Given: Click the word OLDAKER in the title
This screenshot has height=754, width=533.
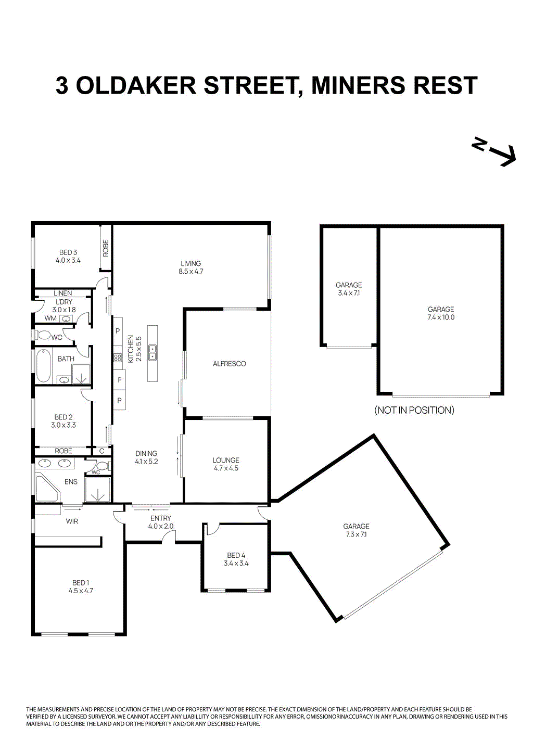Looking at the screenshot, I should (x=136, y=86).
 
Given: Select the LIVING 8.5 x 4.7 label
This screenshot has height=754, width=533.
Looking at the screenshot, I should (x=191, y=267).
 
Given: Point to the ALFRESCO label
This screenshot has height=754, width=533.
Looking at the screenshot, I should (x=229, y=364).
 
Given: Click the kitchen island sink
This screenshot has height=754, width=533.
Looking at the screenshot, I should (x=153, y=353).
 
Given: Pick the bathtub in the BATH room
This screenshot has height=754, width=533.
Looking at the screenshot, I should (x=42, y=365).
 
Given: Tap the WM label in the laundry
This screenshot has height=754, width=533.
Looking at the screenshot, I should (x=50, y=318).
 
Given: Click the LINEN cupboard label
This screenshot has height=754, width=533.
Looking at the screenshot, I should (x=63, y=293).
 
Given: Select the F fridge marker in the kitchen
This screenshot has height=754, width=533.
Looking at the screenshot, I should (x=119, y=380).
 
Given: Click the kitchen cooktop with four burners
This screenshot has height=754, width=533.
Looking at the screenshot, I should (x=117, y=358).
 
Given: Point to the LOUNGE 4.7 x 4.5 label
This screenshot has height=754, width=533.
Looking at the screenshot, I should (x=226, y=464).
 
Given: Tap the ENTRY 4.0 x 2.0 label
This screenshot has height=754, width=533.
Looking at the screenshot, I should (x=160, y=522).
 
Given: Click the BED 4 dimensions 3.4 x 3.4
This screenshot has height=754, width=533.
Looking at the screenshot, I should (x=236, y=563).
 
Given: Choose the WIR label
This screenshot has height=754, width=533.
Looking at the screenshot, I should (x=72, y=521).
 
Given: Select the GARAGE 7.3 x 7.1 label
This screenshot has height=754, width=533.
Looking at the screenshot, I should (x=356, y=530).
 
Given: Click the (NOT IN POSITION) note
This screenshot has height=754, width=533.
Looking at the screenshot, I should (x=414, y=410).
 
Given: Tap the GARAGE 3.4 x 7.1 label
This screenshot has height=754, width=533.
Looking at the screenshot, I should (x=349, y=289).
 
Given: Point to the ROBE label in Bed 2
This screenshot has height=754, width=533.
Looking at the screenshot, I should (x=64, y=451).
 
